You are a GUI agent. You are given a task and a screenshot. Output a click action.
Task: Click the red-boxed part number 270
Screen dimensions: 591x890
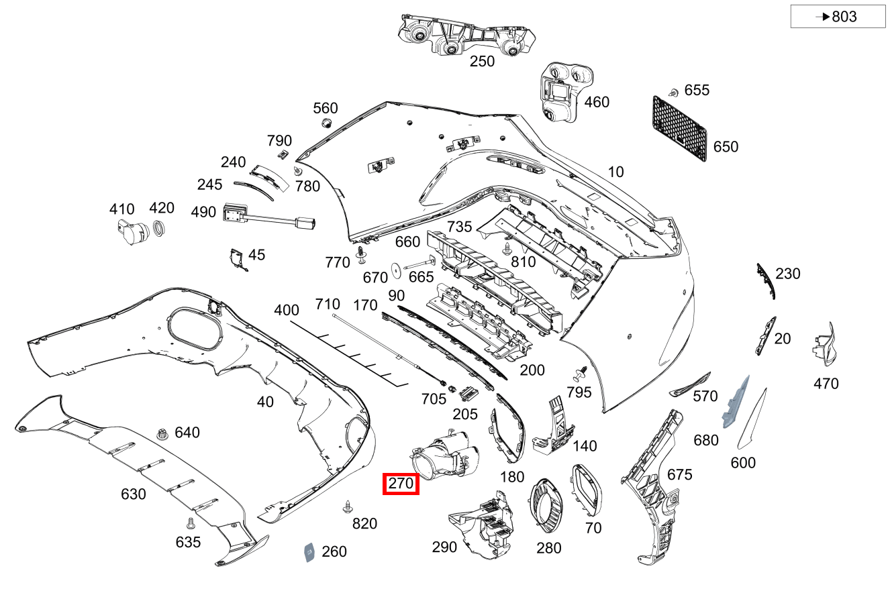(401, 484)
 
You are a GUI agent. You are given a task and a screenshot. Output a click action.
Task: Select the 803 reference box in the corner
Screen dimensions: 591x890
(838, 16)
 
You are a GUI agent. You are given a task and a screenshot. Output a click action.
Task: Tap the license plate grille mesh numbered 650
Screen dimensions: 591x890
(680, 128)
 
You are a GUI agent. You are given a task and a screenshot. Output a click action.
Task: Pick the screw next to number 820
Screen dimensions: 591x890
(348, 506)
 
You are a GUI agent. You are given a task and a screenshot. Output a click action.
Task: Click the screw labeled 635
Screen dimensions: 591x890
(190, 522)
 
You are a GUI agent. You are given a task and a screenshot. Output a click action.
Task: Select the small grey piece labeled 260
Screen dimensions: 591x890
(309, 551)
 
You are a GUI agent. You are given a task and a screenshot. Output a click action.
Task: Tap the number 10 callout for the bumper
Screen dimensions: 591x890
(615, 172)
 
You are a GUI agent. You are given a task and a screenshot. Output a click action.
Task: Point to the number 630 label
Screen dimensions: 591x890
(133, 494)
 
